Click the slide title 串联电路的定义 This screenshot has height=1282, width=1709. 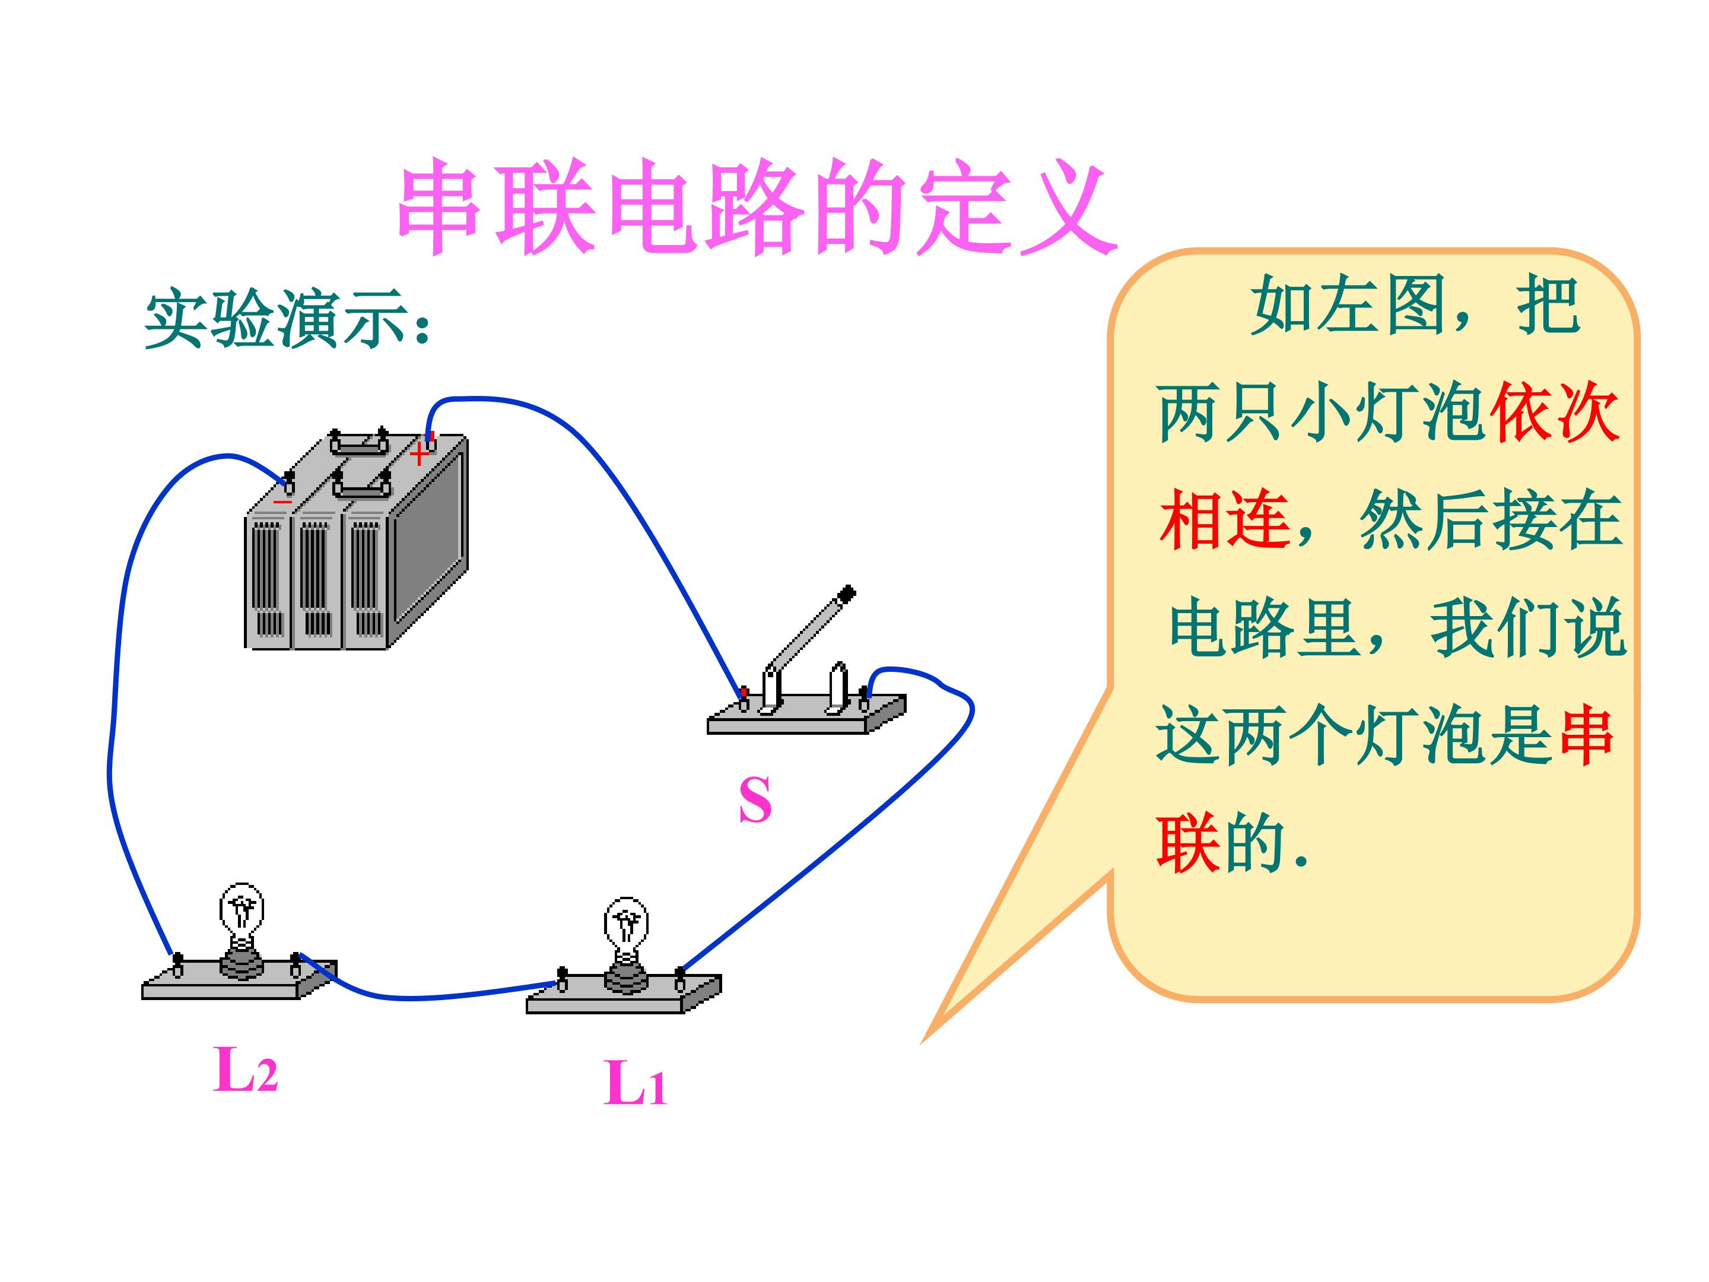(757, 207)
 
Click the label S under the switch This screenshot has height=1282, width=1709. (755, 800)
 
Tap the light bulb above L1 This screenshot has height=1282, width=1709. (626, 927)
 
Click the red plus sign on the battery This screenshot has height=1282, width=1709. (418, 455)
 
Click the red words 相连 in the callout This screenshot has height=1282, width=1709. (1225, 520)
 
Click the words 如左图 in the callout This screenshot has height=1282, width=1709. (1348, 306)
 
